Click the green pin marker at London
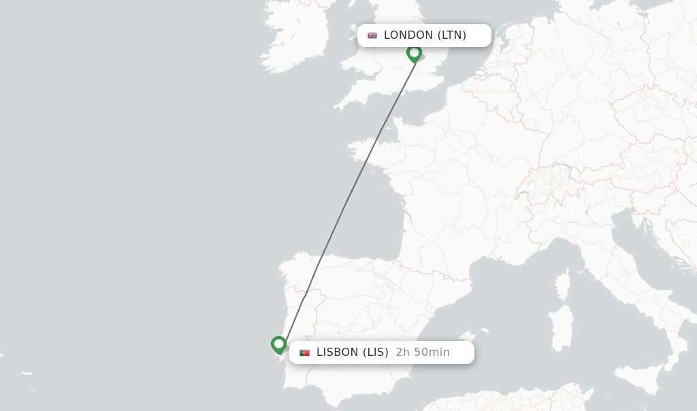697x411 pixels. click(414, 53)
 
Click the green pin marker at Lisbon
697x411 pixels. click(278, 344)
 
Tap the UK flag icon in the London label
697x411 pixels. click(372, 35)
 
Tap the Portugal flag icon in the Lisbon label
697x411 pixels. click(304, 352)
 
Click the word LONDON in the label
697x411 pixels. click(408, 35)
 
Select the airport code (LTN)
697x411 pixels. click(452, 35)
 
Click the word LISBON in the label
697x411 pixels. click(337, 352)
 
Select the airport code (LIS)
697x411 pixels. click(375, 352)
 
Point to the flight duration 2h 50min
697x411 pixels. click(423, 352)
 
